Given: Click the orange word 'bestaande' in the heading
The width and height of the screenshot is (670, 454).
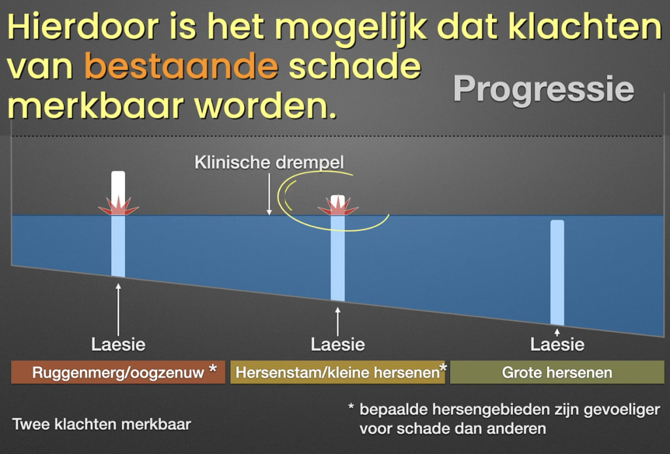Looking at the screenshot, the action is click(181, 66).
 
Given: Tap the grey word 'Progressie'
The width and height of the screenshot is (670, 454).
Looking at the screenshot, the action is click(544, 90).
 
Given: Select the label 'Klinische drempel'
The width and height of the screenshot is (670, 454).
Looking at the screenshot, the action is click(269, 162).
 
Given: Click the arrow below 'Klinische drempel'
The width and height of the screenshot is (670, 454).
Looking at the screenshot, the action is click(269, 194).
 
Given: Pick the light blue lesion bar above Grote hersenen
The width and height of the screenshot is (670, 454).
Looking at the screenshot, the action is click(557, 273).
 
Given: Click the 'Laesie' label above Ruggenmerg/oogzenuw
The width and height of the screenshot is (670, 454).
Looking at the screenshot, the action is click(118, 344).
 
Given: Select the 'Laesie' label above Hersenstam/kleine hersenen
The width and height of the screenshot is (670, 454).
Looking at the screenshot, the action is click(338, 344).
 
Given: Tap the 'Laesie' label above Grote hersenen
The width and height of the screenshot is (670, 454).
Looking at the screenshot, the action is click(557, 344).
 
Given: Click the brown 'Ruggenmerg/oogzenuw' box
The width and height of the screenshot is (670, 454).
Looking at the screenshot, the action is click(118, 372).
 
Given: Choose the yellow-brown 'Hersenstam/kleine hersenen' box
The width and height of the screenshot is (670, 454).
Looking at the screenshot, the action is click(338, 372).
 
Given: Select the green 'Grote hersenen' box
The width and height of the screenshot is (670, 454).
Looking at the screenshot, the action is click(557, 372).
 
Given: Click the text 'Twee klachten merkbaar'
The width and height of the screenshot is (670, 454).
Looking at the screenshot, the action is click(101, 425).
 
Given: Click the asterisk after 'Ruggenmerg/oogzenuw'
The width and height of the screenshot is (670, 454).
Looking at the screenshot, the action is click(213, 368).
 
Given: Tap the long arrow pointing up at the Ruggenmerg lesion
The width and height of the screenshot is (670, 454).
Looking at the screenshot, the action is click(118, 309).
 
